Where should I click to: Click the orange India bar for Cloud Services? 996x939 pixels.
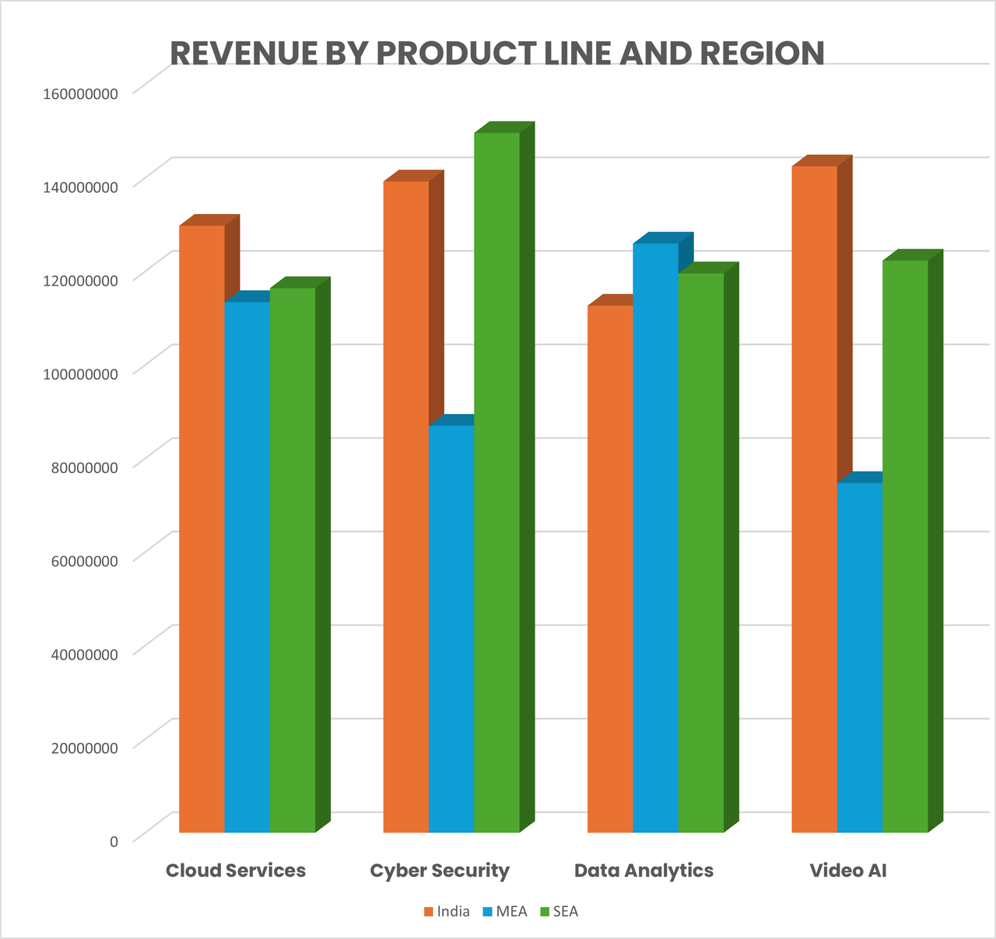202,529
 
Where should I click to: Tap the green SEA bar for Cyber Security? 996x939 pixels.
496,482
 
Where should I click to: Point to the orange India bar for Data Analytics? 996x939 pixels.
610,569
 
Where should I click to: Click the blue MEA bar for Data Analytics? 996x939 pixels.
655,538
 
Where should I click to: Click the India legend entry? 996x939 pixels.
447,912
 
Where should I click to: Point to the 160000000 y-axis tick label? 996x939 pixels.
81,93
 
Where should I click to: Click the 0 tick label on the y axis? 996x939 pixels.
114,841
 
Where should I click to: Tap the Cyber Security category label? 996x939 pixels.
440,871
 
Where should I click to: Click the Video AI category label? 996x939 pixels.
848,871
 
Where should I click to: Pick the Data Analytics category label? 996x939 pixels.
644,871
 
